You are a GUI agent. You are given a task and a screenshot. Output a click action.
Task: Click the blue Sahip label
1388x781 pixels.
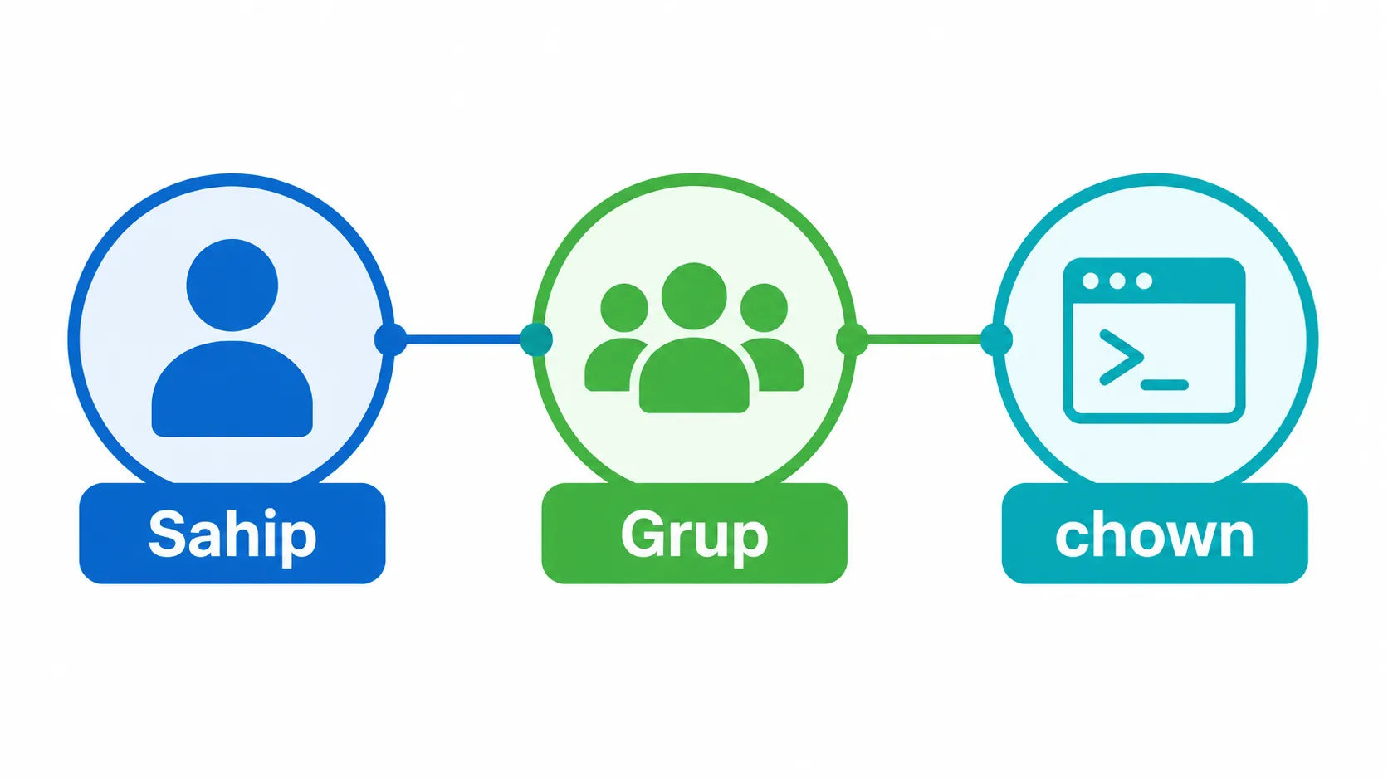[232, 534]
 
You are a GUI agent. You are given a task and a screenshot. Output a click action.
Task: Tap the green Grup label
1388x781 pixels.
[695, 534]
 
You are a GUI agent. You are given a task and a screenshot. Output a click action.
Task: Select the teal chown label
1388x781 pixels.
[1155, 534]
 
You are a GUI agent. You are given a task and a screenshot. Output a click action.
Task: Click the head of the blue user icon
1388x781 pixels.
[232, 285]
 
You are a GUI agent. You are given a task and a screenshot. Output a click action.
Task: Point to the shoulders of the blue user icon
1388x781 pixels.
[232, 389]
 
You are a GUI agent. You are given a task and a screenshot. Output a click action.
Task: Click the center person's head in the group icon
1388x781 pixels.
[694, 296]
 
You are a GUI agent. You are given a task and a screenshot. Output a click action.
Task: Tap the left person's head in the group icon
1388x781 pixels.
[624, 308]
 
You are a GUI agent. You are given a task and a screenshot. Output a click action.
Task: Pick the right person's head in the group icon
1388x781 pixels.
[764, 308]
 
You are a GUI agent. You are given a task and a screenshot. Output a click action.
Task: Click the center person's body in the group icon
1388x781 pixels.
[694, 375]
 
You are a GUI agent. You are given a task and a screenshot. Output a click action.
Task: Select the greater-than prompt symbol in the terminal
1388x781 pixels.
[1122, 358]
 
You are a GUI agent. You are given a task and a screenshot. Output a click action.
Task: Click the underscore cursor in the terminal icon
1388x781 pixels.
[1165, 385]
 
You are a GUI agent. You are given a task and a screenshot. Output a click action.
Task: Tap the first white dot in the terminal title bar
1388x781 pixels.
[1091, 281]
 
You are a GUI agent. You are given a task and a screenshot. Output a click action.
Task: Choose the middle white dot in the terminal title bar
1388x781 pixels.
[1117, 281]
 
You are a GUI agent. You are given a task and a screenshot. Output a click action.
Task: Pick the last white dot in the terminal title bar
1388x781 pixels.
[1144, 281]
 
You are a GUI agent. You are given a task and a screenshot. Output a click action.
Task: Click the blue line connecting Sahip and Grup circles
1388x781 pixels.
[463, 339]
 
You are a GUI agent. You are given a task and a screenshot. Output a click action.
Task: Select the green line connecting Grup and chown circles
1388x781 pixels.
[925, 339]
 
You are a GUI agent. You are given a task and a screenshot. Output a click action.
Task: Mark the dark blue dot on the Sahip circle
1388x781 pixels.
[391, 339]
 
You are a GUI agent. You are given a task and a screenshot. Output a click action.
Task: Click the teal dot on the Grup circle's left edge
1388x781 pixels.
[536, 339]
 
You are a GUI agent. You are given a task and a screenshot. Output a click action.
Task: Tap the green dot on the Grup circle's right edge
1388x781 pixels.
[852, 339]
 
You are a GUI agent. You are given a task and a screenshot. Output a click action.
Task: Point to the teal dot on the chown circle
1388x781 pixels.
[996, 339]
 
